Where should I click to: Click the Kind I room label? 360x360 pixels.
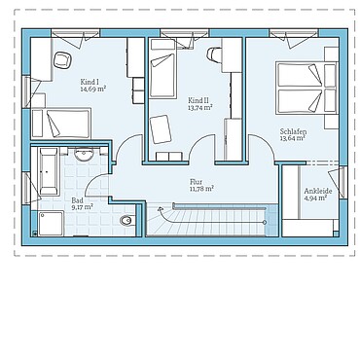[x=88, y=82]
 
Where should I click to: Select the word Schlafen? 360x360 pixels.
[x=293, y=132]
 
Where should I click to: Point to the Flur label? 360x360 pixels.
[x=197, y=182]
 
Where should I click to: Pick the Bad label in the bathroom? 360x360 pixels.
[x=77, y=200]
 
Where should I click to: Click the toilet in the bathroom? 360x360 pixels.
[x=126, y=221]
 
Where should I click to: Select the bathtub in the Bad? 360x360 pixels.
[x=49, y=171]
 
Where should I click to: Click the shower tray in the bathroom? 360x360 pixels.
[x=51, y=223]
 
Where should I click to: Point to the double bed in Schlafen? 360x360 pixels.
[x=306, y=88]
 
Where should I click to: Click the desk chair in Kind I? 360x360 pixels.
[x=62, y=60]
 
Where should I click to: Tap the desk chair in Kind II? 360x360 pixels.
[x=214, y=54]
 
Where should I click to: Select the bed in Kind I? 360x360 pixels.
[x=61, y=124]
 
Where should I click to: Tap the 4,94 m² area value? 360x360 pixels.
[x=315, y=198]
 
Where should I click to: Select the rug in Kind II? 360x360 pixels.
[x=161, y=129]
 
